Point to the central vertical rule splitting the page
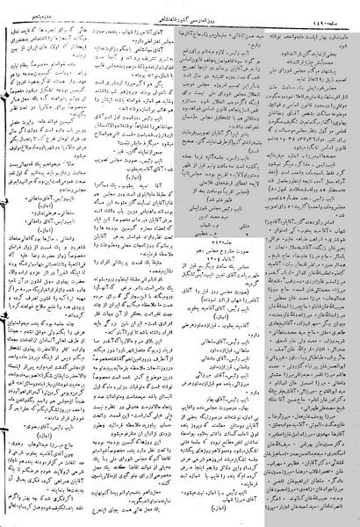point(180,263)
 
